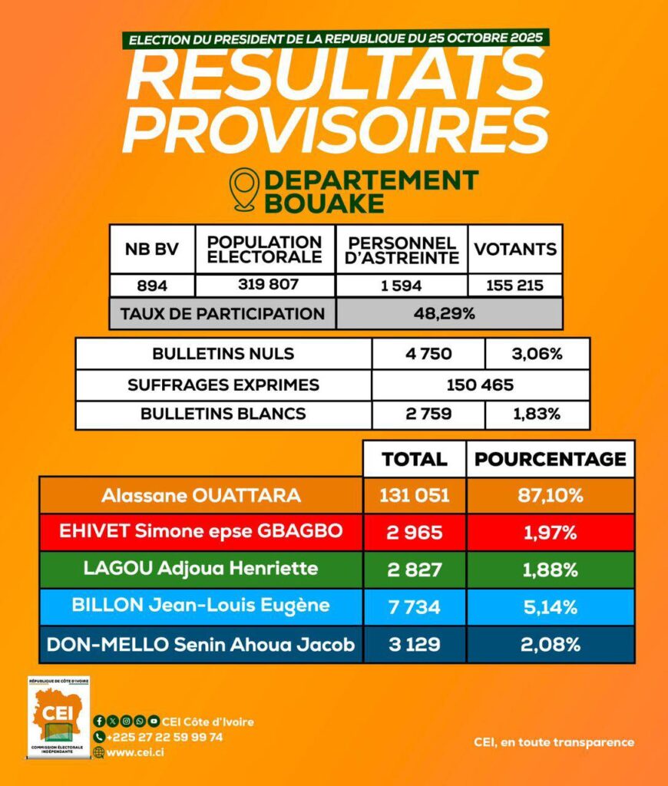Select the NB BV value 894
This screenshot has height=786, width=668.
(152, 285)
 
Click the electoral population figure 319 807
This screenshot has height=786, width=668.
(264, 285)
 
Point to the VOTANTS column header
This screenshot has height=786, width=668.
(515, 249)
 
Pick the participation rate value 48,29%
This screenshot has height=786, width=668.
(448, 313)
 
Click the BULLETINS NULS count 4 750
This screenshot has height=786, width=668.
(428, 354)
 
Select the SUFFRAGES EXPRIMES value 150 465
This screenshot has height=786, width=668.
(481, 384)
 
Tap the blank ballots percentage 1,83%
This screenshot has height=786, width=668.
(537, 414)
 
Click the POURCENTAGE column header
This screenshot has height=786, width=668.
(550, 459)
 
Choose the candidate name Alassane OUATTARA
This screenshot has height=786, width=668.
(201, 495)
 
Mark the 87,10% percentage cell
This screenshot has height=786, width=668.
(550, 495)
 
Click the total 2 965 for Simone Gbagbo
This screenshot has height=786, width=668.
(415, 532)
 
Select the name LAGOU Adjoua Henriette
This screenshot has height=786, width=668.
(201, 569)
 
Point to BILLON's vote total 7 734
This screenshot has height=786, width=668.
(415, 606)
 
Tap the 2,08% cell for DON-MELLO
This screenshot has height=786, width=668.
(550, 644)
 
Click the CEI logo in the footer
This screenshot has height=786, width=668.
(58, 717)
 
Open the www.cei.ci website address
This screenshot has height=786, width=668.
(134, 752)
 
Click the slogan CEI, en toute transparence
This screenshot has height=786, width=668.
(554, 742)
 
